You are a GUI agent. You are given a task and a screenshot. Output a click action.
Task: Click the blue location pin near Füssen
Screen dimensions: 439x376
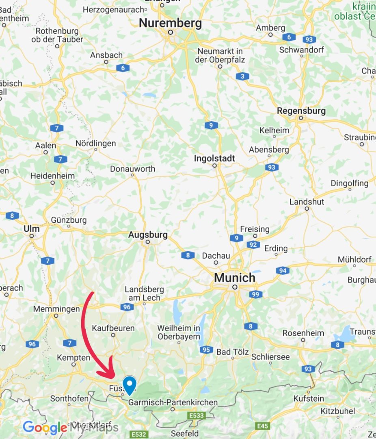point(130,384)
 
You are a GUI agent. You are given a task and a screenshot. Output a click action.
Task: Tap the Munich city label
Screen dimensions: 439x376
point(235,278)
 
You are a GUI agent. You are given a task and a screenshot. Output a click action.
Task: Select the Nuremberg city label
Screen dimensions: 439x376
point(170,24)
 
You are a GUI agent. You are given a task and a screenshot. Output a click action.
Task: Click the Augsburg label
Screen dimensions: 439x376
point(148,235)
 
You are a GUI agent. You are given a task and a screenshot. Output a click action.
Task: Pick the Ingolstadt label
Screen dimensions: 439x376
point(214,158)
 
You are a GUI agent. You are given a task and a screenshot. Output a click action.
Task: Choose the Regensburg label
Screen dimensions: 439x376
point(301,111)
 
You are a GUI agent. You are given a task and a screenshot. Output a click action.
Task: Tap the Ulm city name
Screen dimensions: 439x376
point(32,229)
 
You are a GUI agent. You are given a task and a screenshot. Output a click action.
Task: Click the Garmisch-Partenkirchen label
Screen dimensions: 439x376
point(173,402)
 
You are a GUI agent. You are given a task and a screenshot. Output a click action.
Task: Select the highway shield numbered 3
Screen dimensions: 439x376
point(242,76)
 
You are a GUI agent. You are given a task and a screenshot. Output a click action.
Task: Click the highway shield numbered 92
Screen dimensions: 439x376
point(253,245)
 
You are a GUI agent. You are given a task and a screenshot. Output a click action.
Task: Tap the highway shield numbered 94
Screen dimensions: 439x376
point(283,271)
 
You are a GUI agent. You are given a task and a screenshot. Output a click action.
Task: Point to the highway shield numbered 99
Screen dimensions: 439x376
point(255,294)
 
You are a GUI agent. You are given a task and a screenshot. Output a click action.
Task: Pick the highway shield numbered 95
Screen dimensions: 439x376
point(206,350)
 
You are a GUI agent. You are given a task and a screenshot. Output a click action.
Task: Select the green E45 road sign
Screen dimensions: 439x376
point(263,426)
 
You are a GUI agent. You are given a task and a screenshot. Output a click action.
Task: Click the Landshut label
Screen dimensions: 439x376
point(307,202)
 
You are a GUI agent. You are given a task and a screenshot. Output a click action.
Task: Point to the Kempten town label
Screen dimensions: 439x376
point(73,358)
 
